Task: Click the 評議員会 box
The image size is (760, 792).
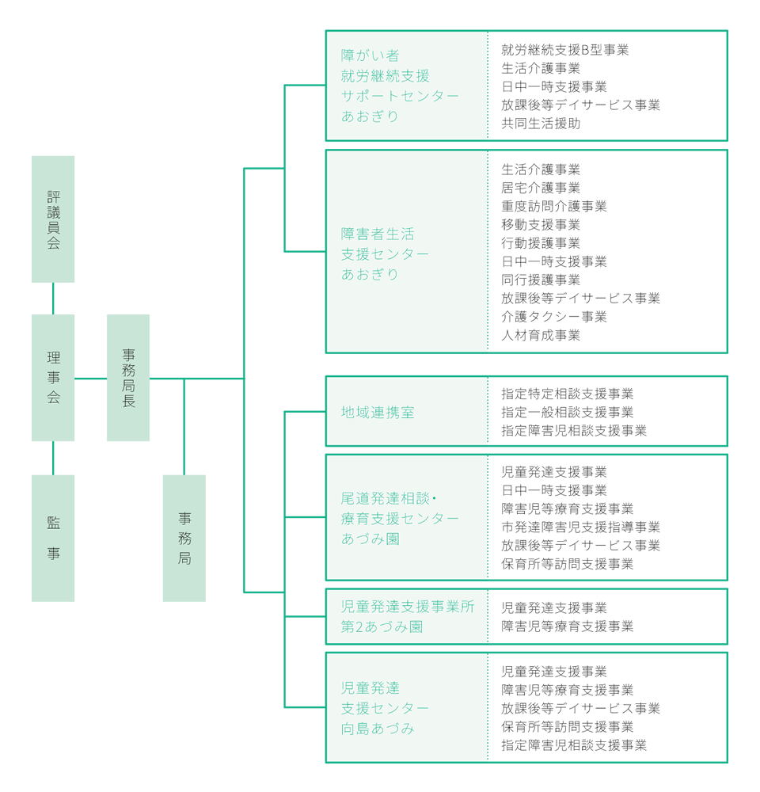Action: tap(53, 219)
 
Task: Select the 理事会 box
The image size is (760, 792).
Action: tap(53, 378)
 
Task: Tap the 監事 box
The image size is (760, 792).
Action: tap(53, 538)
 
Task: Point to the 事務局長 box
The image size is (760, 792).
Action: tap(128, 378)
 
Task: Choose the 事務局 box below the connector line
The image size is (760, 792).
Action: tap(184, 538)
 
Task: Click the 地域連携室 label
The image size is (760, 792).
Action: tap(378, 413)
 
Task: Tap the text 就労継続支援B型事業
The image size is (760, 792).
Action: tap(564, 50)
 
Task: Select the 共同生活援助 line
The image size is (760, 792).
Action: tap(541, 124)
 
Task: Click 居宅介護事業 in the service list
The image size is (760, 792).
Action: tap(541, 188)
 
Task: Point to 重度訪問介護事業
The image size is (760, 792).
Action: tap(553, 206)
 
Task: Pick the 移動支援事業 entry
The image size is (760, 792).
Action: tap(541, 225)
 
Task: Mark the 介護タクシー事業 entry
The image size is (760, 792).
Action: tap(553, 317)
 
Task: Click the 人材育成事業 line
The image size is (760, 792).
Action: tap(541, 335)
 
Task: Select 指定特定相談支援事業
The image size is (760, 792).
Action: tap(567, 394)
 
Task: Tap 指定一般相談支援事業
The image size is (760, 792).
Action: tap(567, 412)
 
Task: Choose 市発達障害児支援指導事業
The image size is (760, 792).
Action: tap(580, 527)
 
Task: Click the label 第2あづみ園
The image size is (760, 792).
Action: tap(382, 626)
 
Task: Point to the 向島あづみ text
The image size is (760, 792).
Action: tap(378, 728)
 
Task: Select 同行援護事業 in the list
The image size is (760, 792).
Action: tap(541, 280)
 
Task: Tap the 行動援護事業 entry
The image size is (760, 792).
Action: tap(541, 243)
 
